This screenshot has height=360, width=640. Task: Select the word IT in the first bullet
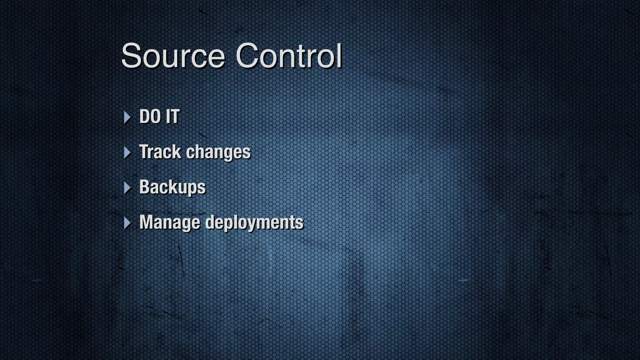tap(172, 117)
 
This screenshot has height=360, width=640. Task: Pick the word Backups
tap(172, 187)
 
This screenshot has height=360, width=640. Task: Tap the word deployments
tap(254, 222)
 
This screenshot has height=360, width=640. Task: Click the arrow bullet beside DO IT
tap(127, 117)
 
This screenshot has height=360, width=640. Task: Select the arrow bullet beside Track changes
tap(127, 152)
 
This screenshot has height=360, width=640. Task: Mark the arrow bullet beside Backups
tap(127, 188)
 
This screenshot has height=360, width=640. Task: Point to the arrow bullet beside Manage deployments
tap(127, 223)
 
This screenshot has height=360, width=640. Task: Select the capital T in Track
tap(145, 152)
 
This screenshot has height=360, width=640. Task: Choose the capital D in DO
tap(145, 117)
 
